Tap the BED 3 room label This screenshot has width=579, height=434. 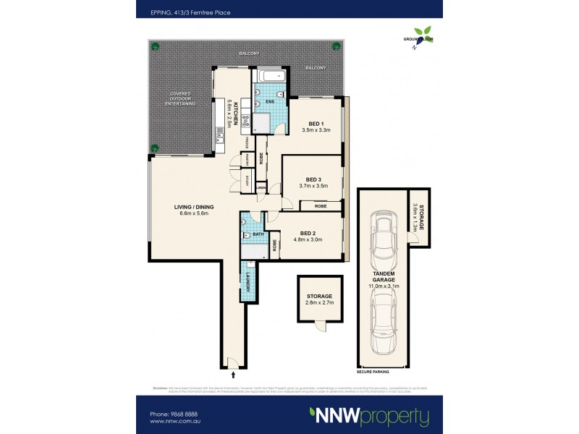pos(313,179)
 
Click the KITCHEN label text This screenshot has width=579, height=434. pos(236,114)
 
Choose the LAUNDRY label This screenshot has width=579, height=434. pos(247,279)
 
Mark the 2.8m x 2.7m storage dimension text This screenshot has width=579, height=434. pos(318,303)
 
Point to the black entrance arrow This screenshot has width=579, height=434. pos(233,375)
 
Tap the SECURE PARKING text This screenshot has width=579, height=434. pos(373,370)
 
